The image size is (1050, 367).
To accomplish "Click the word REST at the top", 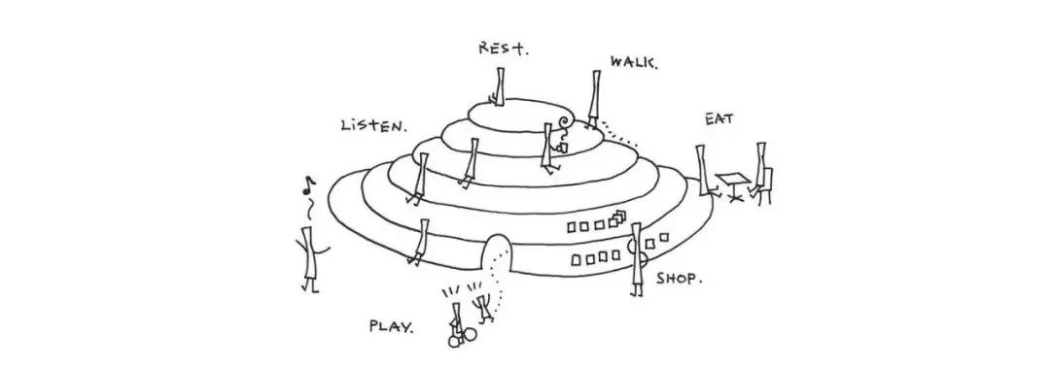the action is (503, 49).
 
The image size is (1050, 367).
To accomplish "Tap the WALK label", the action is (634, 63).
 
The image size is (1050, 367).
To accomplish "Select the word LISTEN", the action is (373, 125).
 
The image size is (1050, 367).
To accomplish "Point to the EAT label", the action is (718, 119).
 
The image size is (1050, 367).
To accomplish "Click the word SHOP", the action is (679, 278).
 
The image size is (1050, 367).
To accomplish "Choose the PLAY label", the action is (392, 327).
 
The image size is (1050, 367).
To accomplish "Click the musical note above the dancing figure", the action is (307, 185).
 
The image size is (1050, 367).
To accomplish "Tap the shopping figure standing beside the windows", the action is (638, 258).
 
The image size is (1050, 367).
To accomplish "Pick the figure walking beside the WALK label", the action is (594, 98).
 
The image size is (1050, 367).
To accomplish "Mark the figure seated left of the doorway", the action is (421, 241).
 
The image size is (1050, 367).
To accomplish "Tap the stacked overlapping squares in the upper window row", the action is (618, 217).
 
